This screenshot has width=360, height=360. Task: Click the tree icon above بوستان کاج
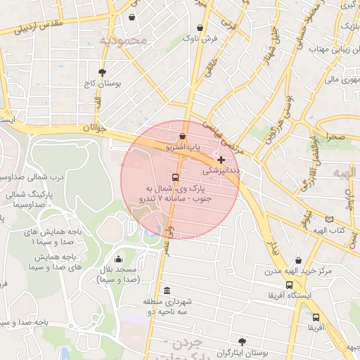102,72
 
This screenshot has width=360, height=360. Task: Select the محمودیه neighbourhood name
124,40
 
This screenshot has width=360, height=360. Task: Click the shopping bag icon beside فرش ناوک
201,27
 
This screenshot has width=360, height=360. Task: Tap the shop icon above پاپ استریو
183,136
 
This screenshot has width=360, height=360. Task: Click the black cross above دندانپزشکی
222,160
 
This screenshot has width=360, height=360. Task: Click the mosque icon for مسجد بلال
117,259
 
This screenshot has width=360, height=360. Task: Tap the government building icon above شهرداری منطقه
167,290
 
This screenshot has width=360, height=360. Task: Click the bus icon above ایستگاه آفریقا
289,285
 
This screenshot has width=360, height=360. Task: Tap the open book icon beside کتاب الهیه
329,219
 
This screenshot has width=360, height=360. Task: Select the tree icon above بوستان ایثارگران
243,341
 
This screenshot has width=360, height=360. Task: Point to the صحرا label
335,138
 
